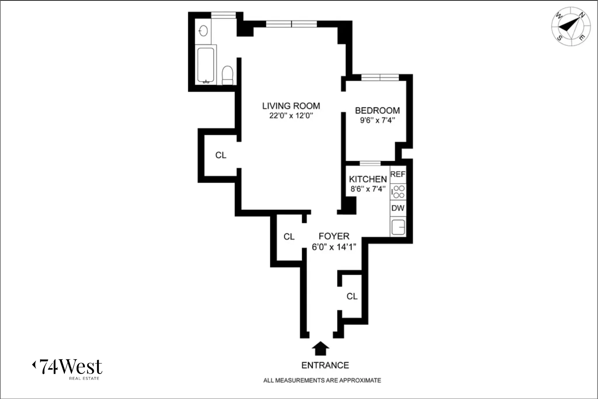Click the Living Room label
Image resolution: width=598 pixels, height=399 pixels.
(291, 106)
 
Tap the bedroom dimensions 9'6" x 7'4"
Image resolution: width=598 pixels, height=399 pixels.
(377, 120)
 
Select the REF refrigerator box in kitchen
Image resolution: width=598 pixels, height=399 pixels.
(398, 174)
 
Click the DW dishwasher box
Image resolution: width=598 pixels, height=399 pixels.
(398, 208)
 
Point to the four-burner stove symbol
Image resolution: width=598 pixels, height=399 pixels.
(398, 192)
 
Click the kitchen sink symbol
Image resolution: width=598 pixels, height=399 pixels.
(398, 227)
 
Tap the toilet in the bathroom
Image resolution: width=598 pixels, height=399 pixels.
(227, 75)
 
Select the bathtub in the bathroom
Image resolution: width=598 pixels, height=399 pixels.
(206, 65)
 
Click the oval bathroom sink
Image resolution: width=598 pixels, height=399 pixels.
(203, 31)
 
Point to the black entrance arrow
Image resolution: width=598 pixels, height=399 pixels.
(320, 348)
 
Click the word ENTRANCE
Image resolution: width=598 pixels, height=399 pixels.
(325, 365)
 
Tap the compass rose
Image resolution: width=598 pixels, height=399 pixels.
(571, 27)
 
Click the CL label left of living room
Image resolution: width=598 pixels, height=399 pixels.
(221, 155)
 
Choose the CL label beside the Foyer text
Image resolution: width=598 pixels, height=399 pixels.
(289, 236)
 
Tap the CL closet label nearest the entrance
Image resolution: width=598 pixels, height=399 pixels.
(352, 296)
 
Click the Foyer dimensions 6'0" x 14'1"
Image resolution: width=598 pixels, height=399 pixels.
(334, 247)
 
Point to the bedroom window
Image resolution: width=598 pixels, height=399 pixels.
(380, 77)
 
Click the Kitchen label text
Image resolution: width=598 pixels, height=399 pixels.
(368, 179)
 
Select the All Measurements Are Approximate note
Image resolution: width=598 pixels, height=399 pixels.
(322, 380)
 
